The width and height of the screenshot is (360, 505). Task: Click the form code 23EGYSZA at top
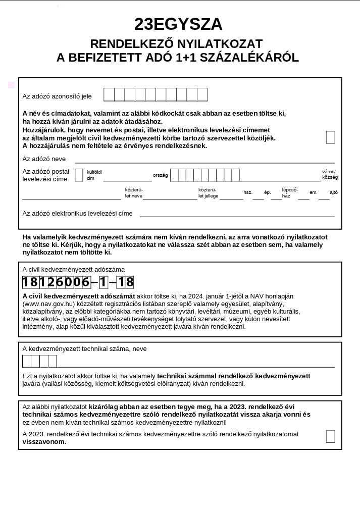tap(178, 24)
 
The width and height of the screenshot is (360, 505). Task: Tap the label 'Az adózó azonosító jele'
tap(57, 96)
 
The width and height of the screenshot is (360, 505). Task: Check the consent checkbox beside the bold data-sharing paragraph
tap(330, 137)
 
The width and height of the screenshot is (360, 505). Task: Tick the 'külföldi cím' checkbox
tap(79, 175)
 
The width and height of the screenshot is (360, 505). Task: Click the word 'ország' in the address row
tap(160, 176)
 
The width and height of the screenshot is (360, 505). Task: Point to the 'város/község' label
tap(330, 174)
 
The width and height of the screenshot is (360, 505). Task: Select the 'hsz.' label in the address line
tap(248, 192)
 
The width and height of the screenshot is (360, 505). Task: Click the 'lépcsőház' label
tap(290, 192)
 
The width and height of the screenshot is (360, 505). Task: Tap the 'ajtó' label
tap(334, 192)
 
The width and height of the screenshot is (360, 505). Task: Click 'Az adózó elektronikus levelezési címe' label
tap(77, 214)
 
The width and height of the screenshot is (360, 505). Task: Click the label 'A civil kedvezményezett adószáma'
tap(73, 270)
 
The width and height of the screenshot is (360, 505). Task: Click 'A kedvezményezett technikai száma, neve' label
tap(84, 349)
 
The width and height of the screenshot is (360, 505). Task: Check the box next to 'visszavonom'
tap(330, 436)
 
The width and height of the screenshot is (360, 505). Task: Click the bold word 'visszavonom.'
tap(44, 441)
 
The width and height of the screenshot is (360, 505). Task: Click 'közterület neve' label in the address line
tap(134, 192)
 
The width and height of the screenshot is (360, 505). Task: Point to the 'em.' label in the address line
tap(314, 192)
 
